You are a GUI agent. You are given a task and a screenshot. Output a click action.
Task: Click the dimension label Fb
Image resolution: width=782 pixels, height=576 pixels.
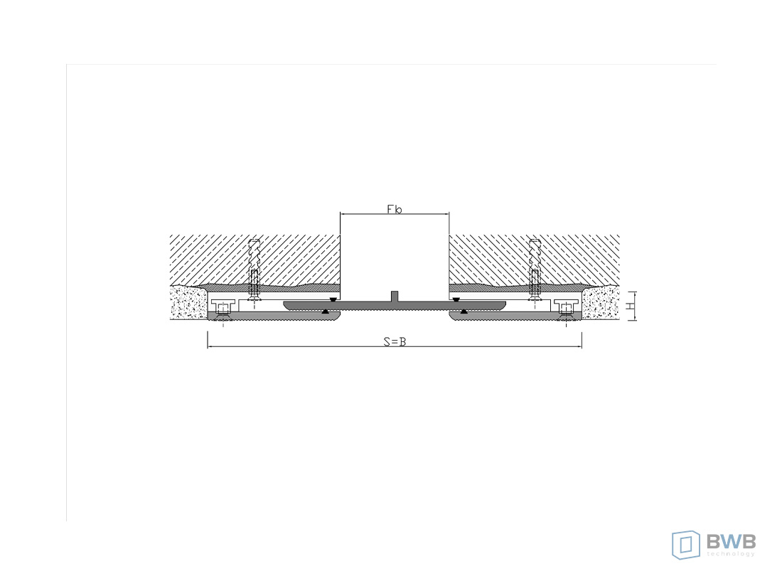(394, 209)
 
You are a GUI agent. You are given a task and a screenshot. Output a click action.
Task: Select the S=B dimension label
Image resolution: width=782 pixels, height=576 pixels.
(395, 341)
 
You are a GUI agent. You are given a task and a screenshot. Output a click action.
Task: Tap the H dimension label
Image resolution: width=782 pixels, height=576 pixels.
(630, 305)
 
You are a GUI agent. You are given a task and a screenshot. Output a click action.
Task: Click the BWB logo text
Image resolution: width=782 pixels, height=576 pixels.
(731, 541)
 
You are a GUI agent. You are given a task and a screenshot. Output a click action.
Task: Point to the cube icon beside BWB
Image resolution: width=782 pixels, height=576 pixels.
(686, 545)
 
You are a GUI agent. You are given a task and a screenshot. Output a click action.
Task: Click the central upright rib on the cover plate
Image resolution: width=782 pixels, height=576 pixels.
(395, 296)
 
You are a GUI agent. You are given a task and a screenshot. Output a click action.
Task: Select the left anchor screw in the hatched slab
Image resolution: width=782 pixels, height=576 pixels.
(255, 270)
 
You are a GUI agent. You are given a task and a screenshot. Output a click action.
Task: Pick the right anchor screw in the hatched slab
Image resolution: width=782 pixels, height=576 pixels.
(535, 270)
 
